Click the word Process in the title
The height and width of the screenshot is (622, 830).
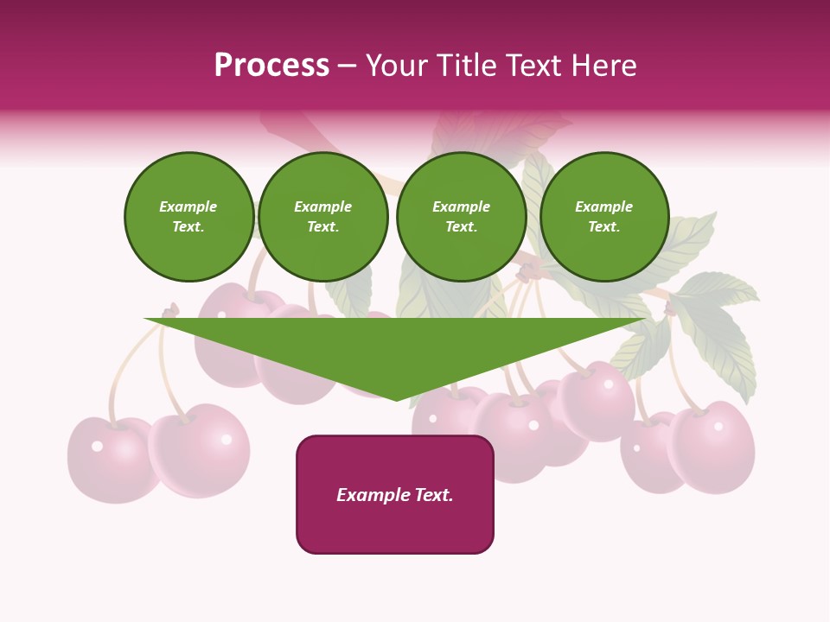click(x=271, y=66)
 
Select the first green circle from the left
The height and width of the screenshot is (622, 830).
click(x=188, y=217)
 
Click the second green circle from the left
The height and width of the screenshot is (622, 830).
click(x=323, y=217)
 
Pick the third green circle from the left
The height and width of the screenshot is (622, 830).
click(x=461, y=217)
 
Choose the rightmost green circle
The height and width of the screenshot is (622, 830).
click(x=604, y=217)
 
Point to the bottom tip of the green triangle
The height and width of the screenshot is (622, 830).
click(x=396, y=400)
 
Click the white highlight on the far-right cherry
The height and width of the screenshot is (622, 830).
click(x=718, y=426)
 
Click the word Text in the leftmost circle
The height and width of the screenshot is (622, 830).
click(x=188, y=227)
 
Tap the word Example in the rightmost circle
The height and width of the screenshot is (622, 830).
click(x=603, y=206)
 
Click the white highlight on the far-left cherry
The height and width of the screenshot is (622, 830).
click(x=97, y=446)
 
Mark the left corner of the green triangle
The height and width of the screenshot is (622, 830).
click(x=145, y=319)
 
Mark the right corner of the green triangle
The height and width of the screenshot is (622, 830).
click(x=645, y=319)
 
